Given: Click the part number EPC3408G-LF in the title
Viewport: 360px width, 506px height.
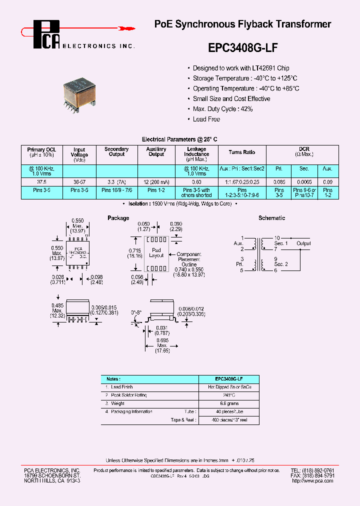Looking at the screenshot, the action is pyautogui.click(x=242, y=48).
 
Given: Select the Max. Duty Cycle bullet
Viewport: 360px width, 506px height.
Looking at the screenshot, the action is pyautogui.click(x=223, y=109).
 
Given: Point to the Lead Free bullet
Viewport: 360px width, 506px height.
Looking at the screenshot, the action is pyautogui.click(x=206, y=119).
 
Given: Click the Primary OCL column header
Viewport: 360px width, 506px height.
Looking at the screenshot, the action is pyautogui.click(x=41, y=152).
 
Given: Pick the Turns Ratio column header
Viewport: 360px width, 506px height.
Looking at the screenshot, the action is pyautogui.click(x=242, y=152).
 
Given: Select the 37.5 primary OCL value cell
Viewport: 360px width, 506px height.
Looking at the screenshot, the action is pyautogui.click(x=41, y=182).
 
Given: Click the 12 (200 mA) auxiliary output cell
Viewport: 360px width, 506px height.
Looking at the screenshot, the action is pyautogui.click(x=156, y=182).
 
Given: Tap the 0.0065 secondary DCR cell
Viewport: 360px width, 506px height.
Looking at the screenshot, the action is pyautogui.click(x=304, y=182).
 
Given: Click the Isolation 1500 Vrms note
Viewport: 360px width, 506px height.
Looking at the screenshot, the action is pyautogui.click(x=180, y=204).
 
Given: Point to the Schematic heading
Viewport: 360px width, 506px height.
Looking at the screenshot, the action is pyautogui.click(x=272, y=218).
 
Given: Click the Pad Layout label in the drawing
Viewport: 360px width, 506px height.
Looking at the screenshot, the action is pyautogui.click(x=156, y=252).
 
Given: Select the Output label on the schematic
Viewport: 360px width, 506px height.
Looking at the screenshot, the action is pyautogui.click(x=303, y=243).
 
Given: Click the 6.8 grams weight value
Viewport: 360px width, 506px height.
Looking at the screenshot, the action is pyautogui.click(x=229, y=403).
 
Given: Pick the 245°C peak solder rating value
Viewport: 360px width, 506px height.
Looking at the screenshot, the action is pyautogui.click(x=229, y=395).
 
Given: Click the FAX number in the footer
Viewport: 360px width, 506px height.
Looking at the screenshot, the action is pyautogui.click(x=312, y=475).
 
